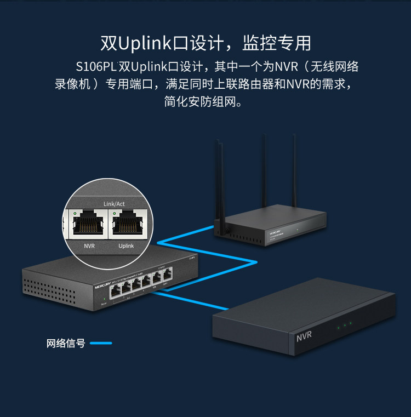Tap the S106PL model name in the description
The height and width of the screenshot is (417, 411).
pyautogui.click(x=96, y=67)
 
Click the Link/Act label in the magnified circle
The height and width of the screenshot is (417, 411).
pyautogui.click(x=114, y=204)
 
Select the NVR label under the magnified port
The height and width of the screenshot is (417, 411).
pyautogui.click(x=89, y=246)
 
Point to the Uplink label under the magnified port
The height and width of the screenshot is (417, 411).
pyautogui.click(x=126, y=246)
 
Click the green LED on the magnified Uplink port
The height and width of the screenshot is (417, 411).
pyautogui.click(x=114, y=212)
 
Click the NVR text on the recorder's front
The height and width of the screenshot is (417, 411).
pyautogui.click(x=304, y=335)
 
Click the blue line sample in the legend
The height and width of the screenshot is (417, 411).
pyautogui.click(x=101, y=344)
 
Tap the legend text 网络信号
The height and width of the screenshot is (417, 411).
pyautogui.click(x=65, y=344)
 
